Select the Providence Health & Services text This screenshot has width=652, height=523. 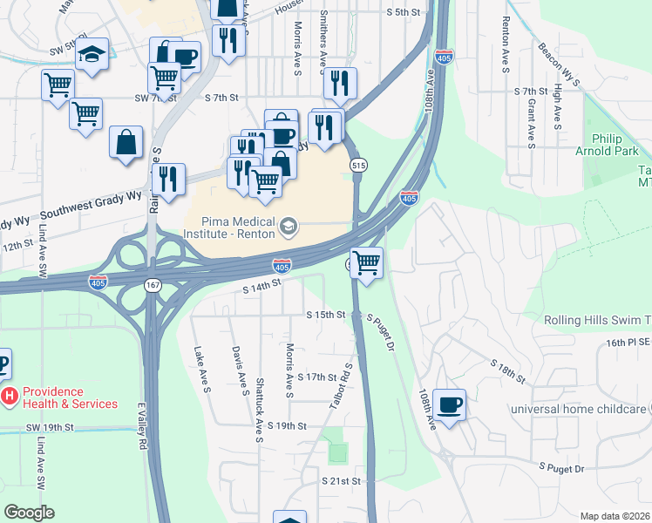(x=70, y=397)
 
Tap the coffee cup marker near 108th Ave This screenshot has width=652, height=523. (x=449, y=404)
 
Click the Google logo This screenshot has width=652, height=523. (x=30, y=513)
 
